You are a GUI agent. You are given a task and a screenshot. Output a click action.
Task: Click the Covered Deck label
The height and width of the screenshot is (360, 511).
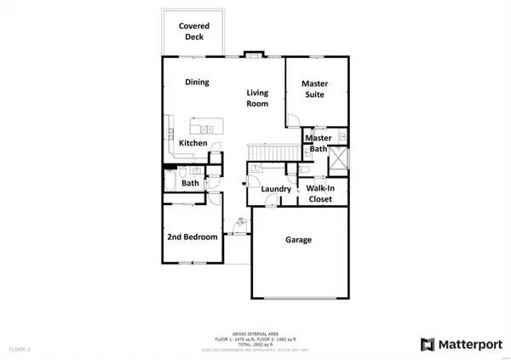tap(194, 32)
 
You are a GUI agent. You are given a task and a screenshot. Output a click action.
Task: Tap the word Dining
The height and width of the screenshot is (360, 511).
tap(199, 83)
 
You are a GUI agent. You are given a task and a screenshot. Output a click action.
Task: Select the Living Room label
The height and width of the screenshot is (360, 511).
tap(258, 98)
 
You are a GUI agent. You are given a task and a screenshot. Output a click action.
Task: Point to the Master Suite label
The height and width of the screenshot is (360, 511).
tap(315, 89)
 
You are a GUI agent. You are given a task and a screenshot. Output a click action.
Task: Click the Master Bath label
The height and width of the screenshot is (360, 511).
tap(318, 143)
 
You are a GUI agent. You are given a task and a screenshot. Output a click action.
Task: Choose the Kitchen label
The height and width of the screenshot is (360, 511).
tap(193, 144)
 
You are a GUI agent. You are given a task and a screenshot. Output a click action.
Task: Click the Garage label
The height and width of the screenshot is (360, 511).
tap(297, 240)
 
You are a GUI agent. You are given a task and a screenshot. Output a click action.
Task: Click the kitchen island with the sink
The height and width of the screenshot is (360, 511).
tap(202, 129)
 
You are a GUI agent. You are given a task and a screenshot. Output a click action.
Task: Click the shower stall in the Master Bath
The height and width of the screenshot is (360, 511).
tap(338, 159)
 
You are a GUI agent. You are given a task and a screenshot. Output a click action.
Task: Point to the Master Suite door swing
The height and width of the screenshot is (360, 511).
tap(294, 119)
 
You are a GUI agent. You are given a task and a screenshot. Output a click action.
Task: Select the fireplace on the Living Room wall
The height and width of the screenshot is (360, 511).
tap(253, 56)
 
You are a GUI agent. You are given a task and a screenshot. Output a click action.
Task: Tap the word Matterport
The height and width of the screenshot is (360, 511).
tap(471, 345)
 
